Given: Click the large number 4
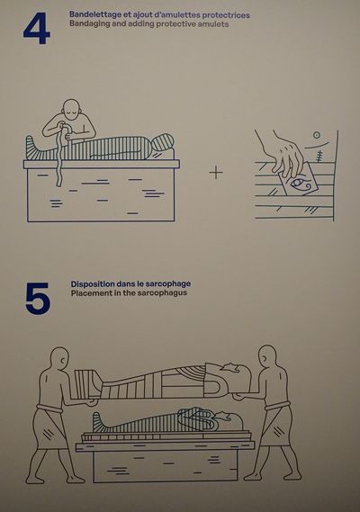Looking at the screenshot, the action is pos(37,28).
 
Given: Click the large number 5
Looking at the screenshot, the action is pos(38,299).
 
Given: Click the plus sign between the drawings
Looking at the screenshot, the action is pos(216,172).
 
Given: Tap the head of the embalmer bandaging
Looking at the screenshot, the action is pos(71,111).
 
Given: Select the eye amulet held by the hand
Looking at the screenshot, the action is pos(298,181).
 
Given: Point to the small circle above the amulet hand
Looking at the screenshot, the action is pos(316,135).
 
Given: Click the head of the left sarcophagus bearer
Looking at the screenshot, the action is pos(59,360).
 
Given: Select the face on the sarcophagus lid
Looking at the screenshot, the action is pos(236,375).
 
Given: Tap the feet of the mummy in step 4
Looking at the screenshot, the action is pos(32,148).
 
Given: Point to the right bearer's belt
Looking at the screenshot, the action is pos(277,406).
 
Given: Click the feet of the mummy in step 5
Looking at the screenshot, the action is pos(98,423).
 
